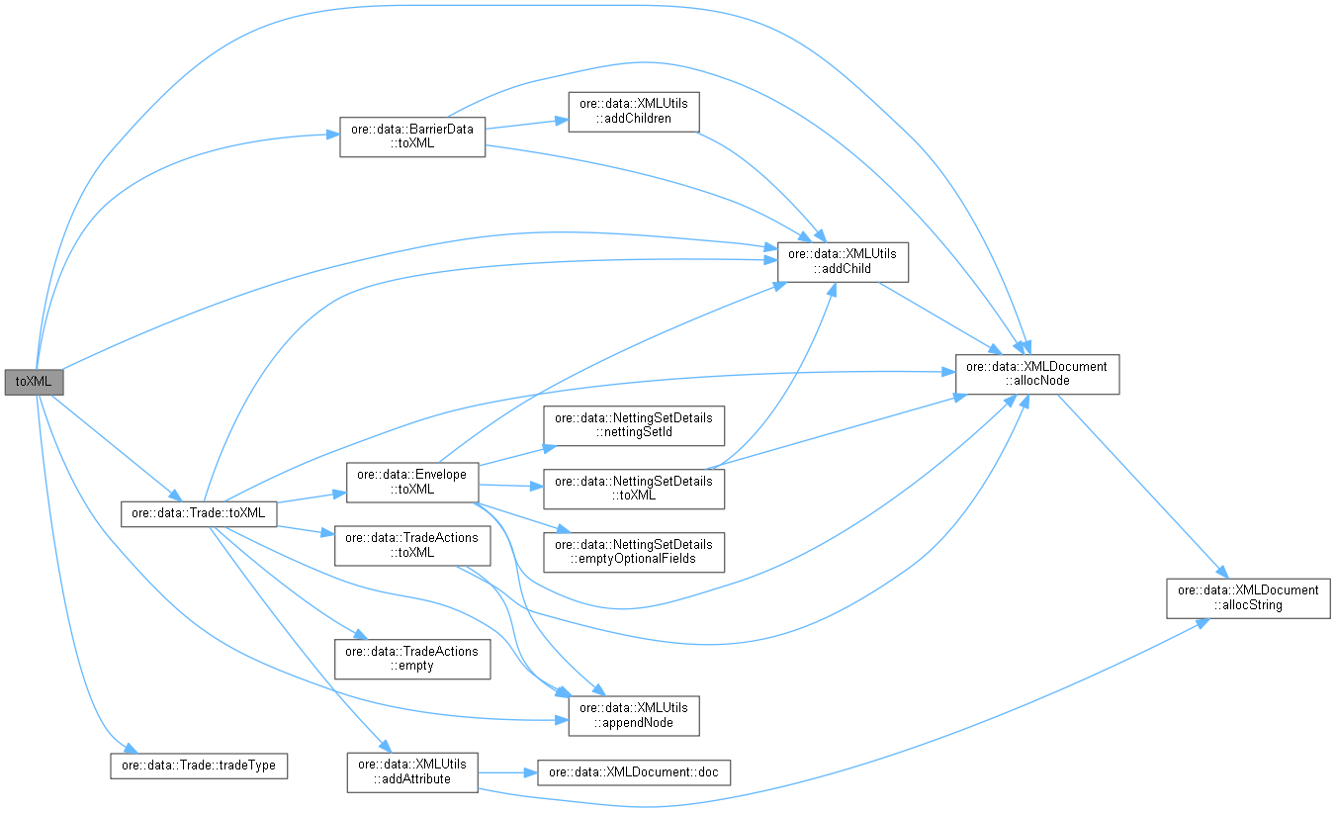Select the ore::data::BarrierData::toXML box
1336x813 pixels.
pos(412,135)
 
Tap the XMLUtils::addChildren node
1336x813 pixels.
pos(633,111)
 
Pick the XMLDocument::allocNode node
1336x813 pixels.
pos(1036,374)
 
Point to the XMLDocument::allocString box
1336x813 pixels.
pos(1250,597)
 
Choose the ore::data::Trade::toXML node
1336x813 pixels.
pos(198,513)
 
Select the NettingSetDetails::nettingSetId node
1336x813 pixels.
pos(633,425)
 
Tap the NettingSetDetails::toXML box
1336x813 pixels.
pos(633,489)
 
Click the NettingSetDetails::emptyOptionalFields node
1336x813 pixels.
pos(633,552)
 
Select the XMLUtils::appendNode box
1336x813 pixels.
pos(633,715)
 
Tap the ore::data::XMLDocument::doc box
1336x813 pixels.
pos(633,772)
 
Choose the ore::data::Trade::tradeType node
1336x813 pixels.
pos(198,766)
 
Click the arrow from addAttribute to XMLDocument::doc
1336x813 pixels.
pos(507,772)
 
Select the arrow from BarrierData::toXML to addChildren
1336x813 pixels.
pos(526,124)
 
